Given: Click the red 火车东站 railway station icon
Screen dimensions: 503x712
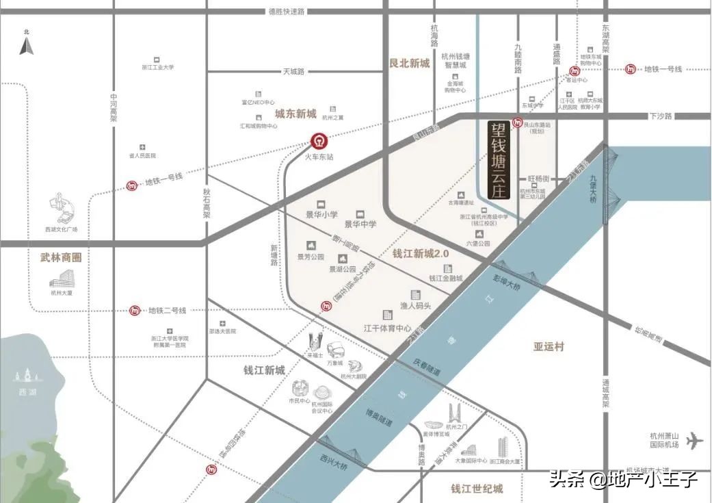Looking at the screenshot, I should tap(318, 142).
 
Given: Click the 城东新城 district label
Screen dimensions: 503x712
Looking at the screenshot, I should tap(295, 114).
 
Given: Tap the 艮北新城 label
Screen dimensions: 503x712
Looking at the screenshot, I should tap(409, 63).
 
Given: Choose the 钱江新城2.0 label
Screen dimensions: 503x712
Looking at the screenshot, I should tap(420, 253).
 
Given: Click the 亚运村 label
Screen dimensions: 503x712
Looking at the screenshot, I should tap(549, 346).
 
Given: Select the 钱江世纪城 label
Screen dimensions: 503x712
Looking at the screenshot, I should tap(477, 489).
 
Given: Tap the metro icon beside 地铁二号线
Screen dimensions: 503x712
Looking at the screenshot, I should tap(135, 311).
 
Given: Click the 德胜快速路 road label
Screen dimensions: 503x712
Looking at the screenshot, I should tap(287, 12).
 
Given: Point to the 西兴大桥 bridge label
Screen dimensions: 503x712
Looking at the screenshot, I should tap(333, 462).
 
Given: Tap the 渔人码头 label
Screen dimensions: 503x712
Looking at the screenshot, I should tap(415, 305).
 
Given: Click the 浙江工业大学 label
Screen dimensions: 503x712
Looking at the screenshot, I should tap(158, 67).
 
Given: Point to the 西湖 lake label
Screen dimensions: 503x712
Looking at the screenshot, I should tap(28, 392).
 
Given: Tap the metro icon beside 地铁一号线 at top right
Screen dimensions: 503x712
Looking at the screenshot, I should tap(630, 69).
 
